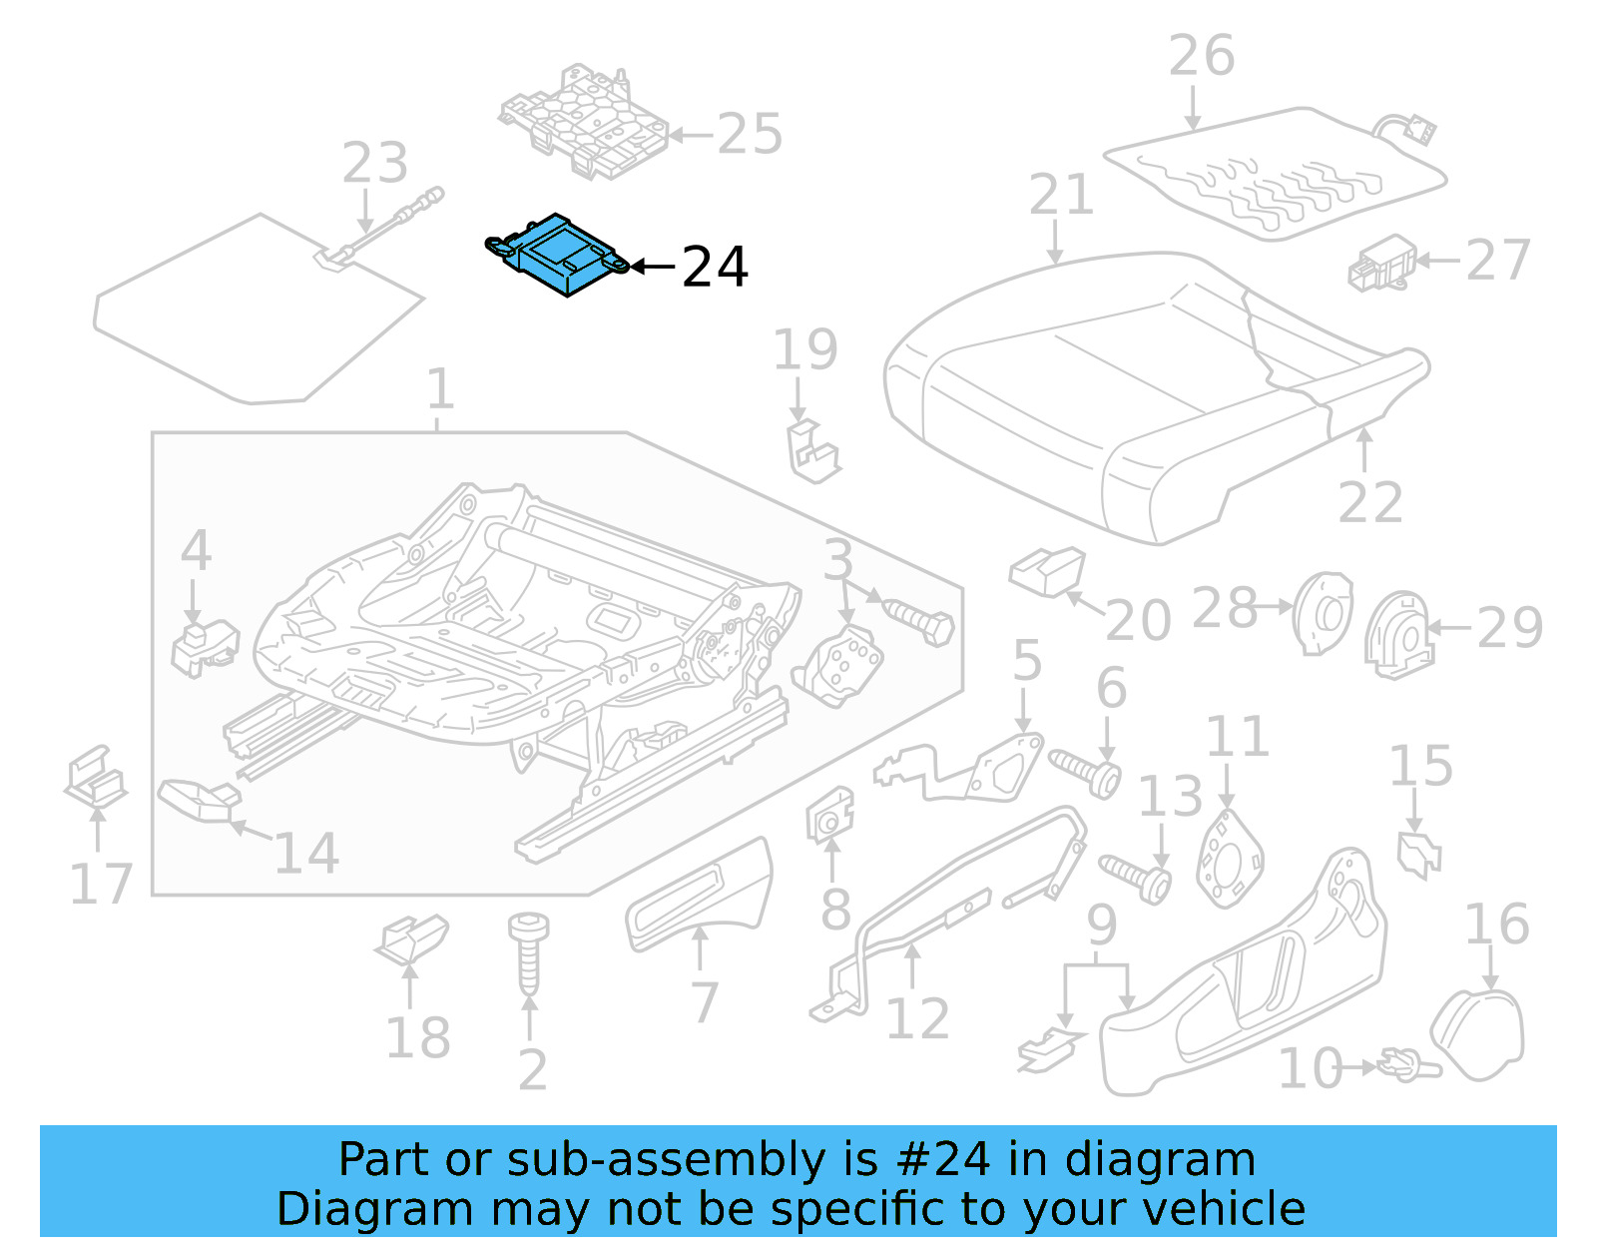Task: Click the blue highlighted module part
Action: coord(560,256)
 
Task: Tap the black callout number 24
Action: coord(715,268)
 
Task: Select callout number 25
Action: coord(750,135)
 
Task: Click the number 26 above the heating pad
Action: coord(1202,56)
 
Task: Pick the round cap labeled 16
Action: coord(1479,1033)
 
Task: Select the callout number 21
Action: coord(1061,195)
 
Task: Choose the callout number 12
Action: coord(917,1019)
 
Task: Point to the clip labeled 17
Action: coord(96,777)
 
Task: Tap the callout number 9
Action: coord(1101,927)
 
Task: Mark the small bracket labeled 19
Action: coord(812,451)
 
